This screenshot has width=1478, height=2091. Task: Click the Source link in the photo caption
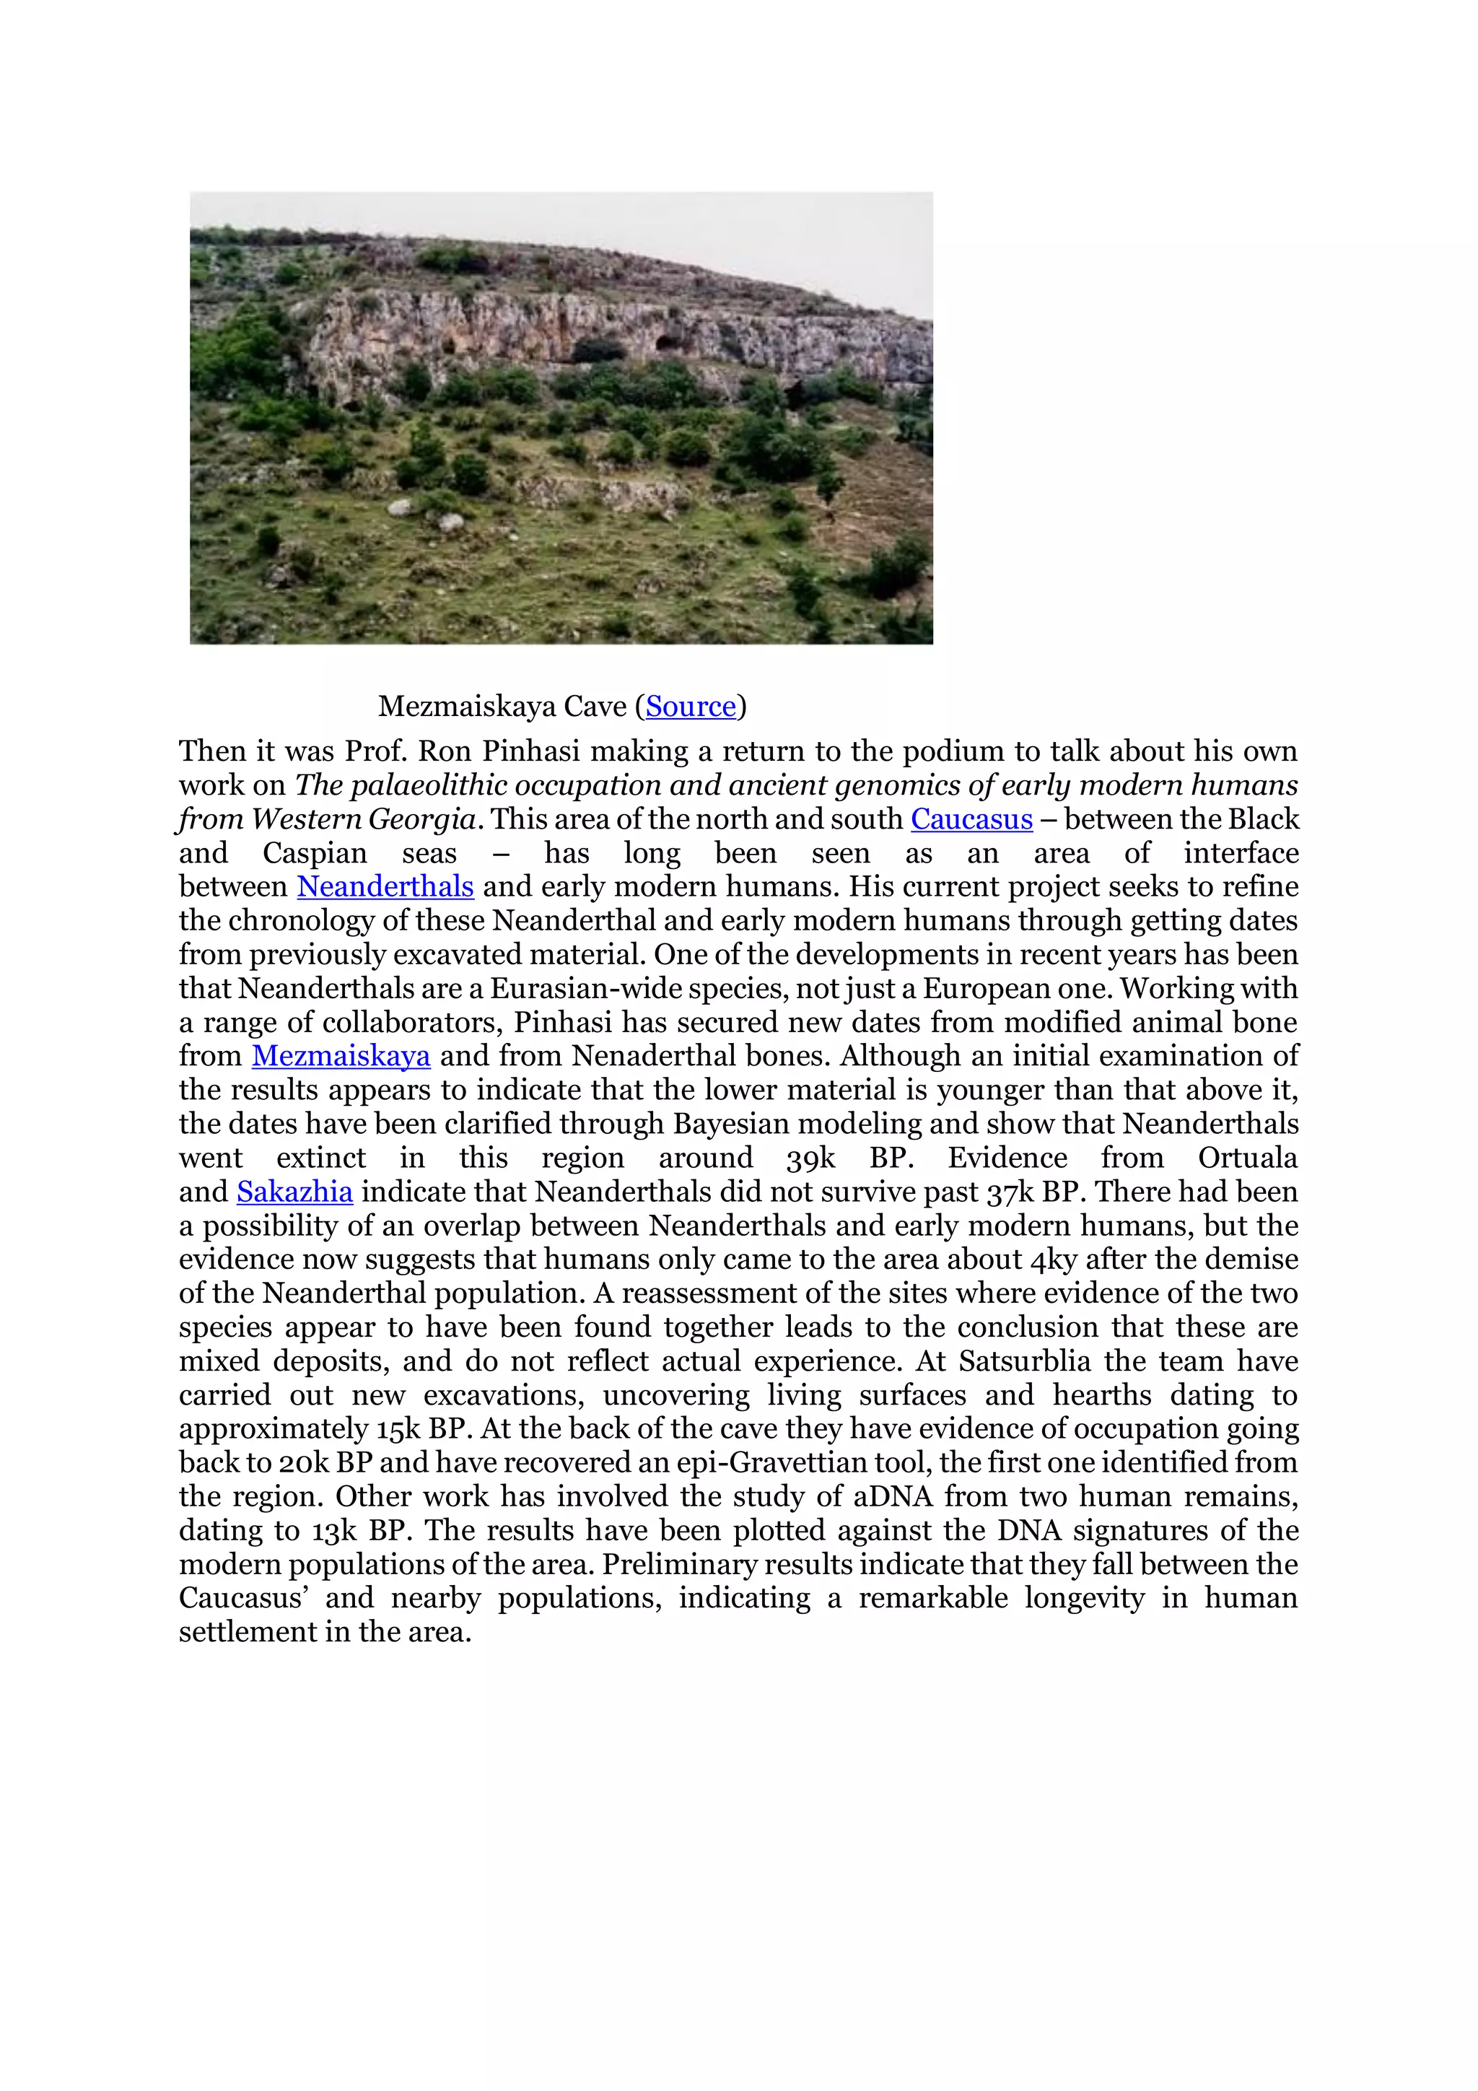(690, 707)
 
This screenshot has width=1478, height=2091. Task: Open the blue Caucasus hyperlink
(971, 820)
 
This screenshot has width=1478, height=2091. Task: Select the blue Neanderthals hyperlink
(385, 887)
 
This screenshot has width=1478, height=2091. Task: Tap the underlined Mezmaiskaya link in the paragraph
(341, 1057)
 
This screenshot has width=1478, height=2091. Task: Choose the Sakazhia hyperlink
(294, 1192)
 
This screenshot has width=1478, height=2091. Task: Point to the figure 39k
(810, 1158)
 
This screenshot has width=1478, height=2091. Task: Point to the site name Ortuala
(1248, 1158)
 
